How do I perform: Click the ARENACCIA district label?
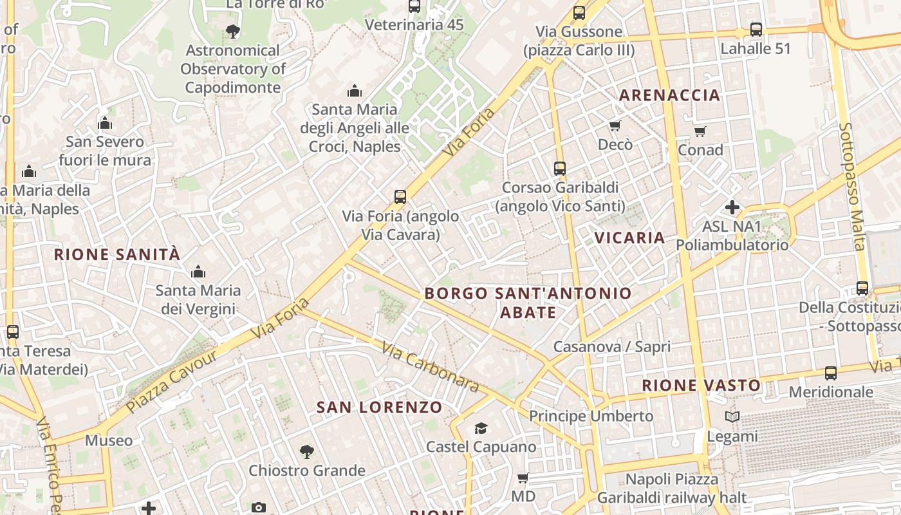[x=669, y=95]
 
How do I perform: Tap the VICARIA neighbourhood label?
[x=629, y=238]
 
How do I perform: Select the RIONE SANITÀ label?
[x=117, y=254]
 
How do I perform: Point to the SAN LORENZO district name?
[x=380, y=407]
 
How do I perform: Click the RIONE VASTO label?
[x=701, y=386]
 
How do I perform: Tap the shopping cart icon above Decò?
[x=615, y=126]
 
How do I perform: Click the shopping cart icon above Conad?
[x=700, y=131]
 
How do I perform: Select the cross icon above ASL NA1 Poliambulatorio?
[x=732, y=207]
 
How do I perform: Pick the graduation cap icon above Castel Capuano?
[x=481, y=428]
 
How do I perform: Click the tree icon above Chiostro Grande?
[x=307, y=452]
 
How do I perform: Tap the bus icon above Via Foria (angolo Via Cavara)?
[x=400, y=197]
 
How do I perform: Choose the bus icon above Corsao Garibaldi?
[x=560, y=169]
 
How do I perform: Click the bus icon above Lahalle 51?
[x=756, y=30]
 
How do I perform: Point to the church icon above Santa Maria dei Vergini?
[x=198, y=272]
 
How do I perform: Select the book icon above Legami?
[x=732, y=417]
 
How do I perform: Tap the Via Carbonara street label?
[x=430, y=367]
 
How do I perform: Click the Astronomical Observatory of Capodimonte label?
[x=232, y=69]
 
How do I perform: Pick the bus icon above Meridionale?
[x=831, y=373]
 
